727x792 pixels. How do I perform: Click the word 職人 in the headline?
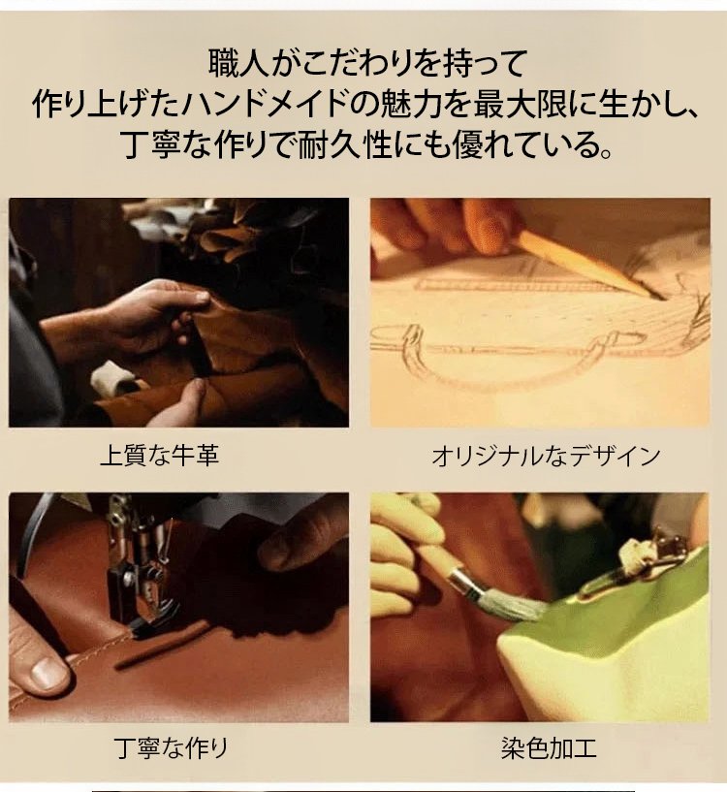tap(238, 63)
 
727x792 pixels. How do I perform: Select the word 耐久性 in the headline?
tap(344, 144)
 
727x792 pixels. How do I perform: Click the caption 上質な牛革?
tap(160, 455)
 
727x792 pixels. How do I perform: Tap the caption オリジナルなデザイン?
tap(546, 456)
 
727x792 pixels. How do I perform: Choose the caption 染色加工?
tap(548, 748)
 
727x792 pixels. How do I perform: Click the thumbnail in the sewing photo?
tap(49, 674)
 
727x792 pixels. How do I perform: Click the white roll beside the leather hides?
tap(117, 377)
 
